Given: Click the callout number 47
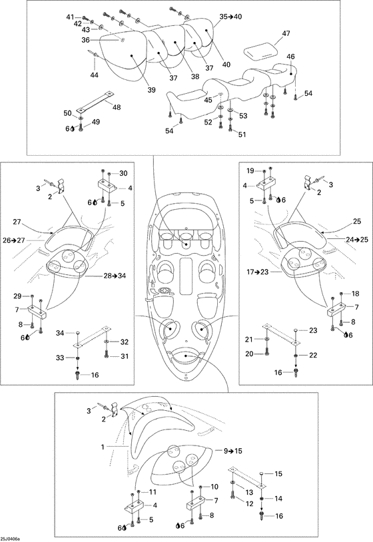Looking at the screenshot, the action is [286, 33].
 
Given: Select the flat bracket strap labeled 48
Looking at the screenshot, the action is [95, 101].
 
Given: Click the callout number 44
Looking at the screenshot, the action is [94, 75].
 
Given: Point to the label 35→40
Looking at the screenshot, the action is [230, 16].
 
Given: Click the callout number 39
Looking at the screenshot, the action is [151, 90].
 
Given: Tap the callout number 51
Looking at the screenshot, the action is [242, 135].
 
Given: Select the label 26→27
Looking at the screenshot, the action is [14, 240].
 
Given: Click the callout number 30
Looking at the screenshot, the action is [123, 174].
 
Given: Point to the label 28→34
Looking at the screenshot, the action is [115, 276].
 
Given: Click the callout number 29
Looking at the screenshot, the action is [17, 296].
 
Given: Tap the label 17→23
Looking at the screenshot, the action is [257, 272].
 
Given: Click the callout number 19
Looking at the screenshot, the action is [250, 170].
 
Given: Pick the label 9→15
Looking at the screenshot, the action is [232, 451].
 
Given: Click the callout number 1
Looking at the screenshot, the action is [103, 447].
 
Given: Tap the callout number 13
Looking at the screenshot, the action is [249, 492].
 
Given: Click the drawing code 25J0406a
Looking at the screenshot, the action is [10, 539].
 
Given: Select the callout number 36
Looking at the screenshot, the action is [85, 40].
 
